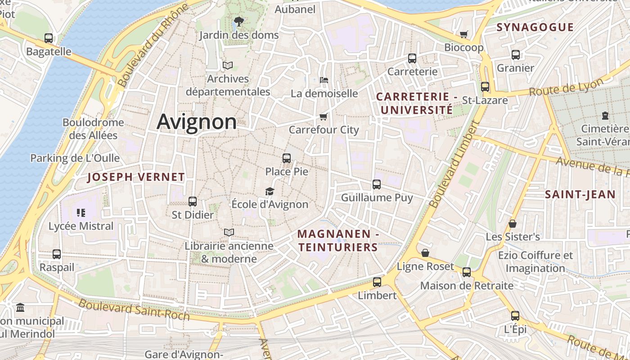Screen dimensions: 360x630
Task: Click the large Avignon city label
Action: click(197, 122)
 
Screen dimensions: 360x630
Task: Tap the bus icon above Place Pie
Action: click(287, 158)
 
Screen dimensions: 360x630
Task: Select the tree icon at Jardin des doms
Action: click(238, 21)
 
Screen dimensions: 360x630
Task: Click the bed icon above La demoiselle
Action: click(324, 80)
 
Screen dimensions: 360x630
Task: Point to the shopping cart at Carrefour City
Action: click(323, 117)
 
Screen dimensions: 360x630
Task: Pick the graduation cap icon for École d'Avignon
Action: click(270, 192)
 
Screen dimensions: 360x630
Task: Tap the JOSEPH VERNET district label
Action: click(136, 177)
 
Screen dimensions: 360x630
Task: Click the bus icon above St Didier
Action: click(193, 202)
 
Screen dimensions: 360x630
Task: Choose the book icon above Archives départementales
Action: click(228, 66)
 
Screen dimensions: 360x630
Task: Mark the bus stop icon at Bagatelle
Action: click(49, 38)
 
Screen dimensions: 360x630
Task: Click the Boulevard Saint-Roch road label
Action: click(134, 310)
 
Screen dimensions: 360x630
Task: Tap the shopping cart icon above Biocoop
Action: click(464, 34)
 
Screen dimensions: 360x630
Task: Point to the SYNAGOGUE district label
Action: click(535, 27)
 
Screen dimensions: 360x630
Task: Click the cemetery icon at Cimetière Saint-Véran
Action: click(605, 116)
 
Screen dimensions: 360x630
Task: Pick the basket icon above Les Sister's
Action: click(513, 224)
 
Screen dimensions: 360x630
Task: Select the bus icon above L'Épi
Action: click(515, 316)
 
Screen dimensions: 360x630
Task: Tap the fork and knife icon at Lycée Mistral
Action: click(81, 213)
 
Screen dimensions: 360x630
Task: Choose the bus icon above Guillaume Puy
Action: click(377, 184)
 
